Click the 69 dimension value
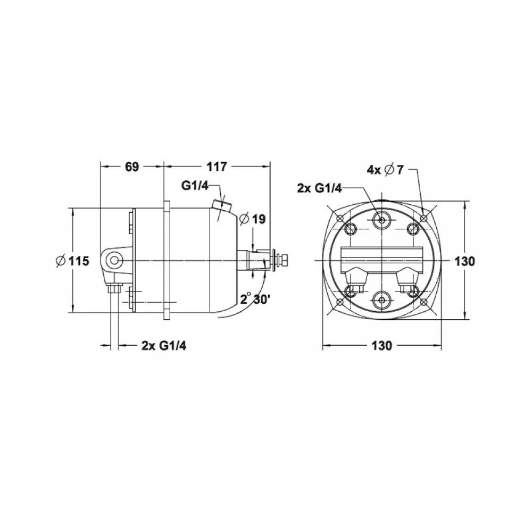(x=131, y=167)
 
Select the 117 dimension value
(x=217, y=167)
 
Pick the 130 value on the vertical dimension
(x=464, y=261)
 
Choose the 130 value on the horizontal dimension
(x=382, y=346)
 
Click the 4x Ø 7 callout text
(x=386, y=170)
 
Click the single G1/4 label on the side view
(x=195, y=186)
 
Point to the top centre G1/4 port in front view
(x=382, y=219)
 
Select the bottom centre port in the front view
(x=382, y=300)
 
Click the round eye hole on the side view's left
(x=114, y=260)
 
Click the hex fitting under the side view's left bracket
(x=113, y=289)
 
